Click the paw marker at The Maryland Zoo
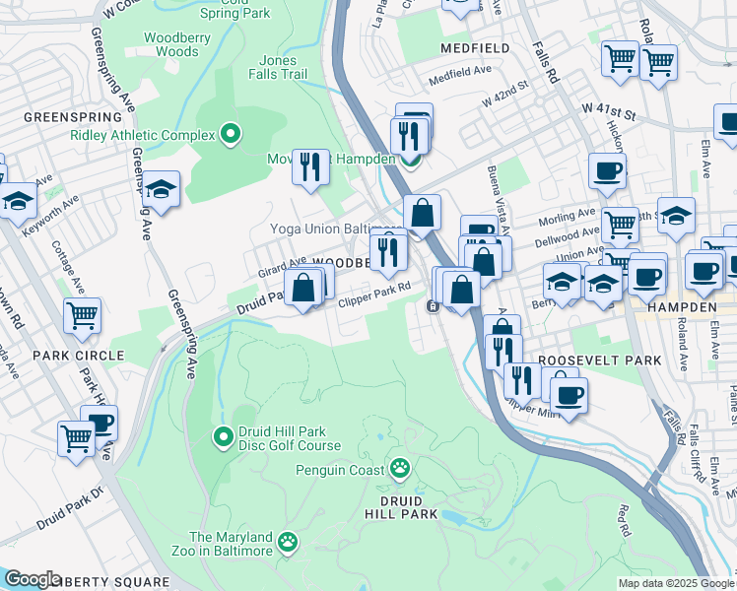click(x=287, y=540)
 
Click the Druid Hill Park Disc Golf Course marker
click(x=224, y=433)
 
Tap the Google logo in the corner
click(x=33, y=579)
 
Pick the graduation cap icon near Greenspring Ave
click(x=161, y=190)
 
